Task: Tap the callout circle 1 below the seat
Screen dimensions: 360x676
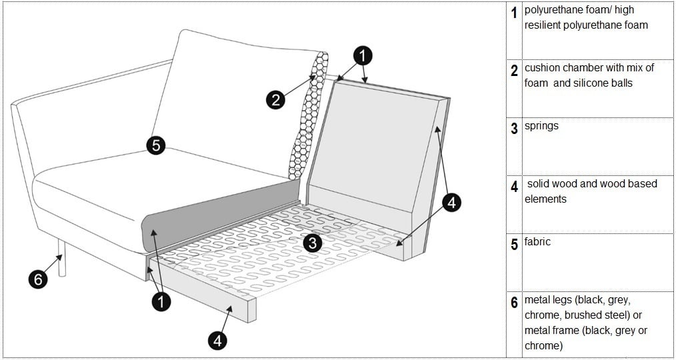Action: click(160, 302)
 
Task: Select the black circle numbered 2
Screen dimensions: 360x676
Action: click(275, 100)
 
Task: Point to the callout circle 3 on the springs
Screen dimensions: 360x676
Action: click(313, 243)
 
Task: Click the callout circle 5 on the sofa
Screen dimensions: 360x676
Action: click(156, 145)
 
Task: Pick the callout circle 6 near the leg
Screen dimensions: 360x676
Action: click(38, 279)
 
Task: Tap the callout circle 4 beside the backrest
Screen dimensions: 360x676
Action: click(451, 203)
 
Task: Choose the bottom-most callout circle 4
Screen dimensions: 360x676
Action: click(217, 341)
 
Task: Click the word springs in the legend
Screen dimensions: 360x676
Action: click(541, 126)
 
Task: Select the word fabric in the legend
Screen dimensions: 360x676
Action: click(537, 241)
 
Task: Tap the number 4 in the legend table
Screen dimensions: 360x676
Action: click(514, 187)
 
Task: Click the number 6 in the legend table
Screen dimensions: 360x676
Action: click(514, 303)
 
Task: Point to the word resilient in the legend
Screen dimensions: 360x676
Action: click(545, 25)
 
